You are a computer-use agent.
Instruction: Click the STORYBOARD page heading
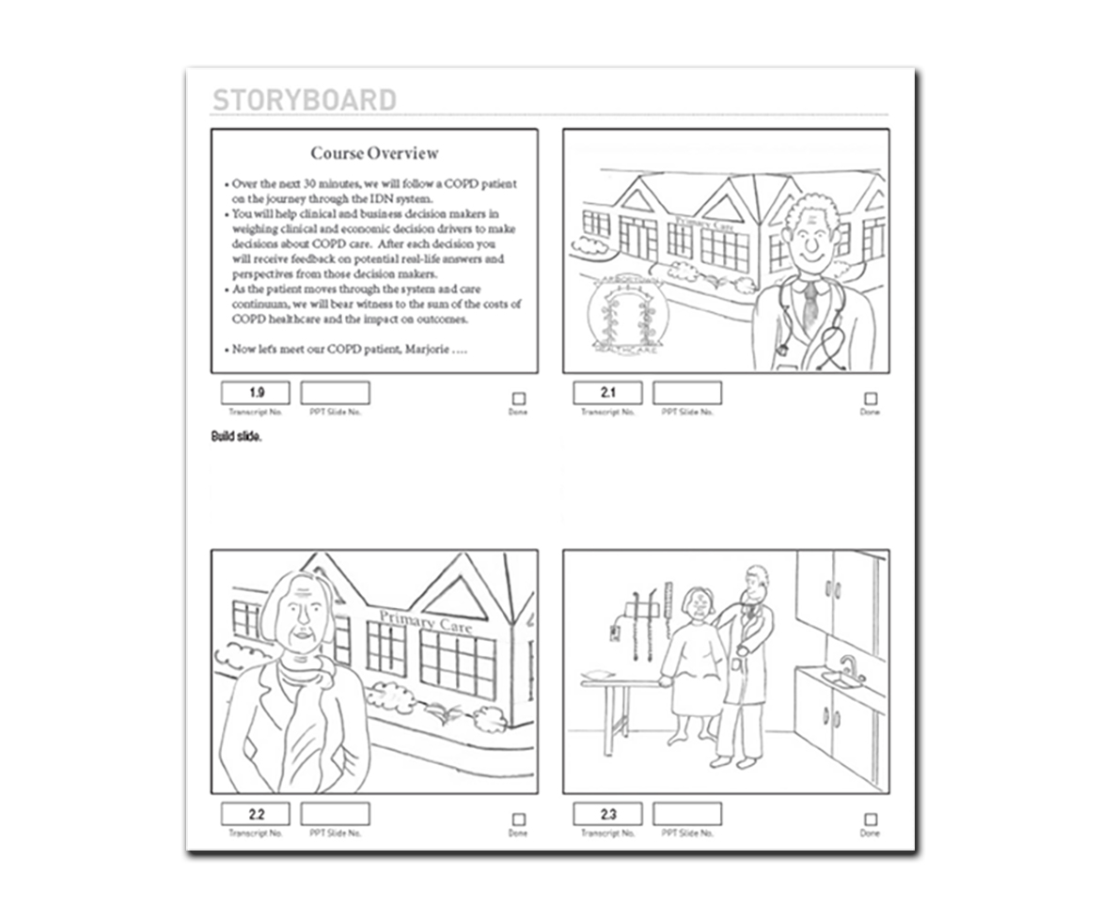pyautogui.click(x=304, y=100)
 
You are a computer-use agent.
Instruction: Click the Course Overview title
pyautogui.click(x=374, y=153)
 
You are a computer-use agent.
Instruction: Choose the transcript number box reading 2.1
pyautogui.click(x=607, y=393)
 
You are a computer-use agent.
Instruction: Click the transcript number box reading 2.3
pyautogui.click(x=607, y=814)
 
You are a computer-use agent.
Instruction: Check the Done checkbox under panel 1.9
pyautogui.click(x=519, y=398)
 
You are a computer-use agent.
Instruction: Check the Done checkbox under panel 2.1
pyautogui.click(x=871, y=398)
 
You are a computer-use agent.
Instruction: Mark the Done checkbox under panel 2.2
pyautogui.click(x=519, y=820)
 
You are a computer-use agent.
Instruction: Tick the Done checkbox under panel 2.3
pyautogui.click(x=871, y=820)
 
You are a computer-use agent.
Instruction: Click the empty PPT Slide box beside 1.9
pyautogui.click(x=335, y=393)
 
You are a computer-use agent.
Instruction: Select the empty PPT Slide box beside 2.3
pyautogui.click(x=687, y=814)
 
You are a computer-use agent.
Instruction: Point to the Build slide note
pyautogui.click(x=236, y=437)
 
